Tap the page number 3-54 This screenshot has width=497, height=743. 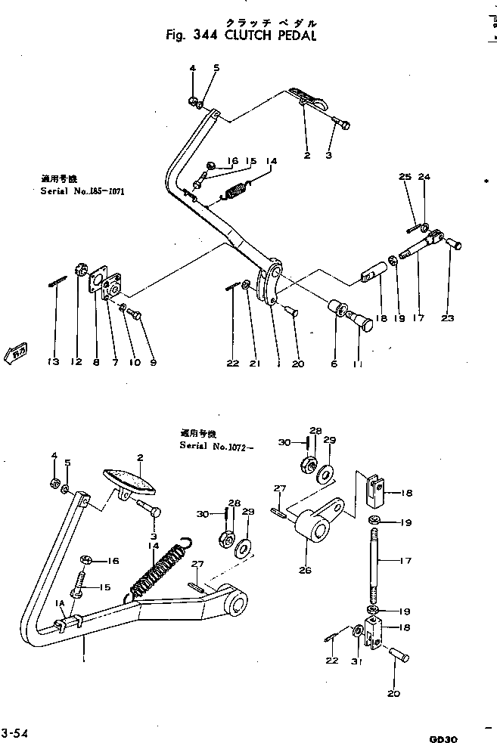(x=16, y=732)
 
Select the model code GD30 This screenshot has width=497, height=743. (x=443, y=737)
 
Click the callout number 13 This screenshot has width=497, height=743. (x=52, y=363)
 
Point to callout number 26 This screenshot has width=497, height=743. (x=305, y=570)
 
